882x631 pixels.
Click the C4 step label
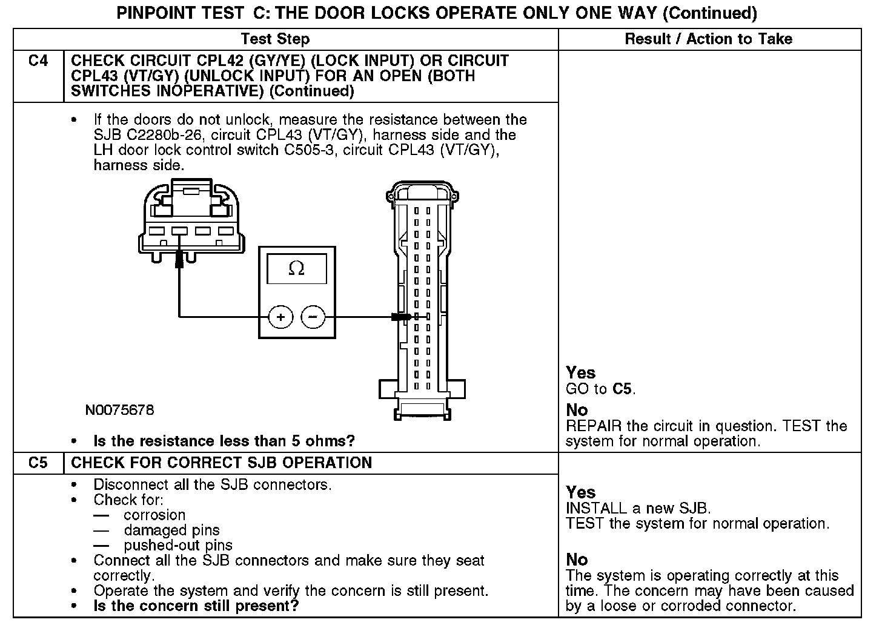38,61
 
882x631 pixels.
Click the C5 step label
38,463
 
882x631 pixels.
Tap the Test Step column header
275,39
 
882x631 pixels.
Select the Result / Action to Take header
708,39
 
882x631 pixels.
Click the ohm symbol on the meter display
296,268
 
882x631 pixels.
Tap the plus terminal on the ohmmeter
280,317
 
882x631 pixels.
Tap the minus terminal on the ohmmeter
313,317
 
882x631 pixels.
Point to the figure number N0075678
119,411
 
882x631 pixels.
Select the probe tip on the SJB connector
401,317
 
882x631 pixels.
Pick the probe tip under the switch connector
179,260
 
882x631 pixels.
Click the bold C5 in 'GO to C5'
622,389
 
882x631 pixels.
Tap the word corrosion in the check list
154,515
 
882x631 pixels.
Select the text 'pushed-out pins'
178,546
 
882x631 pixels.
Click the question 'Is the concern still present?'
196,606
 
